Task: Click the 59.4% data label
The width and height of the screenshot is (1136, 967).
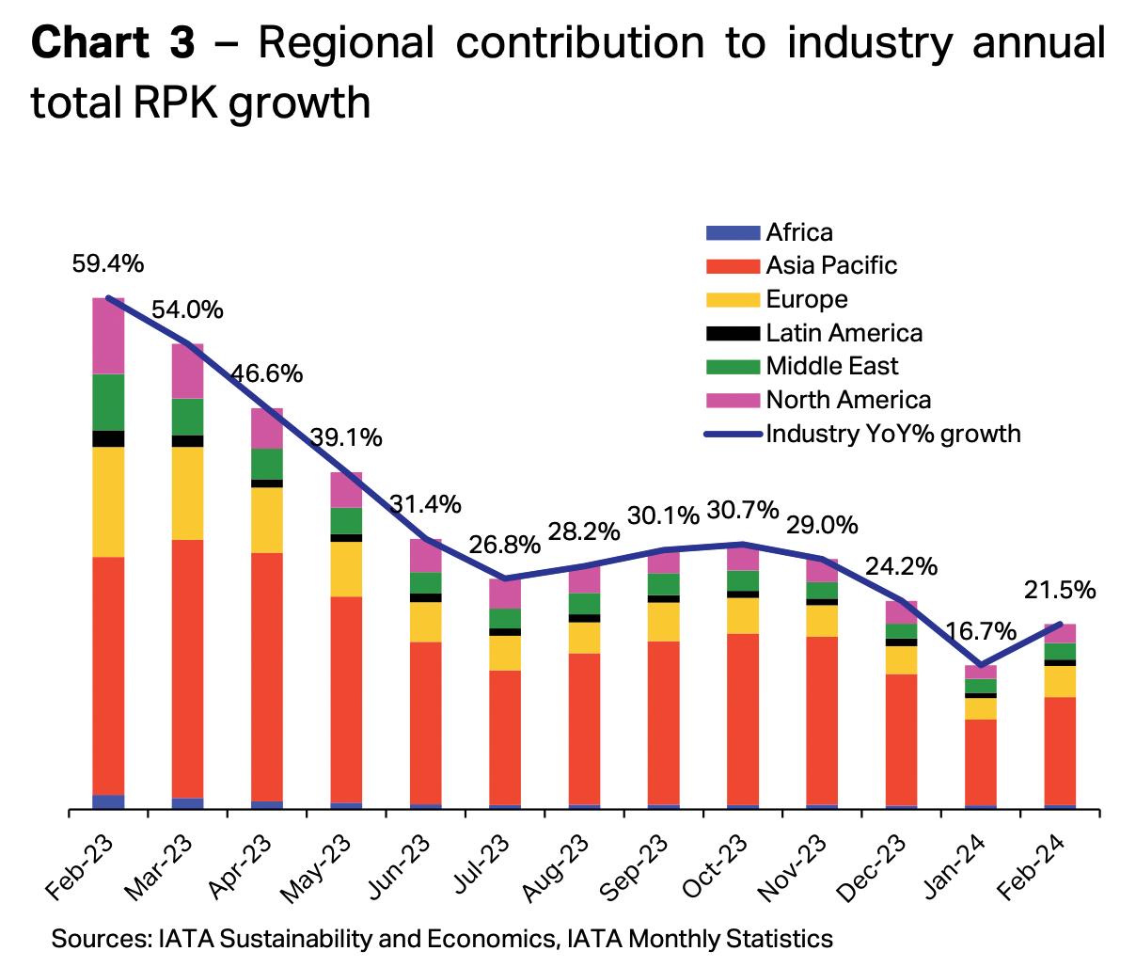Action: point(108,264)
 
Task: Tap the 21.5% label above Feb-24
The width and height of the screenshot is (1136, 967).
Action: point(1060,591)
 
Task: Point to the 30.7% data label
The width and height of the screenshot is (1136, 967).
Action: point(743,510)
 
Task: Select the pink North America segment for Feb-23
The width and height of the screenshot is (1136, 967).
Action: point(108,336)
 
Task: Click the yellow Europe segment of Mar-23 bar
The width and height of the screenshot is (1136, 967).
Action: point(188,493)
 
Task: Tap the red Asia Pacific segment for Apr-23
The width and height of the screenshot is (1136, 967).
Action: point(267,676)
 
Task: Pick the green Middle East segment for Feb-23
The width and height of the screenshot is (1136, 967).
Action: point(108,402)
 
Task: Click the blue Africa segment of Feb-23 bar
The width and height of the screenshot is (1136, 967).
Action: point(108,801)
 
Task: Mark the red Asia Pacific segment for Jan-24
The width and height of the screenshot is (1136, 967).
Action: point(981,762)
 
